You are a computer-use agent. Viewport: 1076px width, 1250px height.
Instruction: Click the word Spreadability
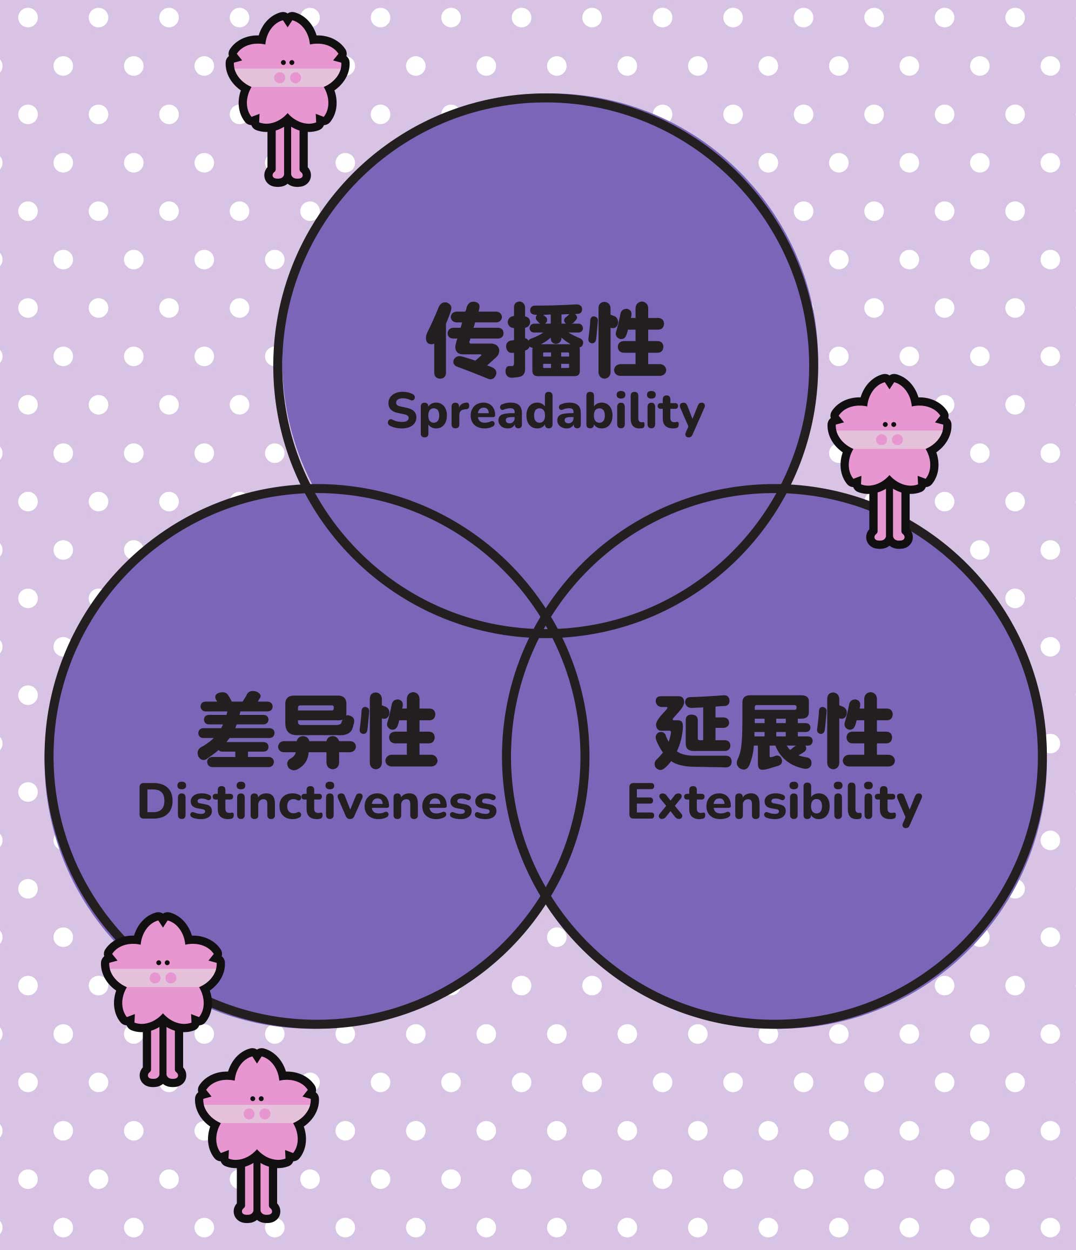[x=545, y=412]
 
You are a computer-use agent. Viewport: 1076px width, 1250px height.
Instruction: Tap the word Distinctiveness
[x=318, y=803]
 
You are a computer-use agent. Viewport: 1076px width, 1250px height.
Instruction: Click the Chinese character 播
[x=545, y=340]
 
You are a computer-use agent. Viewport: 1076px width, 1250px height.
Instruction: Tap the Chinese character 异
[x=318, y=731]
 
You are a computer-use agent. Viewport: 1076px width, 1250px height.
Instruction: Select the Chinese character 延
[x=693, y=731]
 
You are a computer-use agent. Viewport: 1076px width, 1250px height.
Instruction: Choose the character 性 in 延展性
[x=856, y=731]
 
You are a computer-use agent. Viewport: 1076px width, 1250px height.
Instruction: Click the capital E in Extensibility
[x=638, y=802]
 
